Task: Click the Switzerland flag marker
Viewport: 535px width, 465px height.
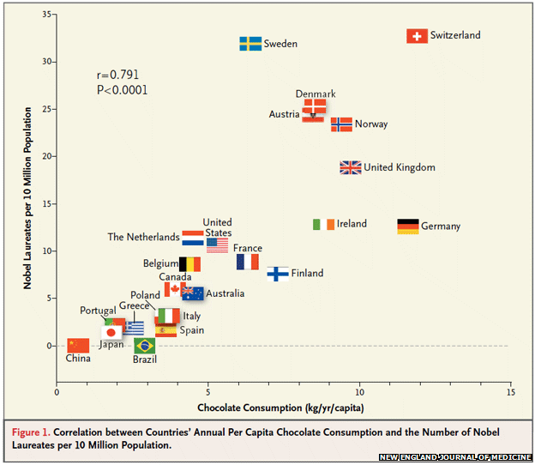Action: (x=417, y=36)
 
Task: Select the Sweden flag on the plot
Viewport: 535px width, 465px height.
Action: (x=250, y=44)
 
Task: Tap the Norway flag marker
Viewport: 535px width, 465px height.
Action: (x=341, y=124)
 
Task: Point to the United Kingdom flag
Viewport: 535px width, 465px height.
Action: (x=351, y=168)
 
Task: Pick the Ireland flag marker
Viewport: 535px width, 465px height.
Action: (x=323, y=224)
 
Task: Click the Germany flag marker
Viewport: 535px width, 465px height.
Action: (x=408, y=226)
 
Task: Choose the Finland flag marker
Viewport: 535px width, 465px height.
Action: (x=278, y=274)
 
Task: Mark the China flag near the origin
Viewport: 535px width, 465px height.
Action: (x=78, y=345)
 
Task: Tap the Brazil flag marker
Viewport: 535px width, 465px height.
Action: (x=145, y=346)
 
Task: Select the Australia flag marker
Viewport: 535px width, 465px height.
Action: (x=192, y=293)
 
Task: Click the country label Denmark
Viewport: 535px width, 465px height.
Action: (x=316, y=94)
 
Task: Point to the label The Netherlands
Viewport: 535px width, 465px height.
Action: (x=143, y=237)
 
